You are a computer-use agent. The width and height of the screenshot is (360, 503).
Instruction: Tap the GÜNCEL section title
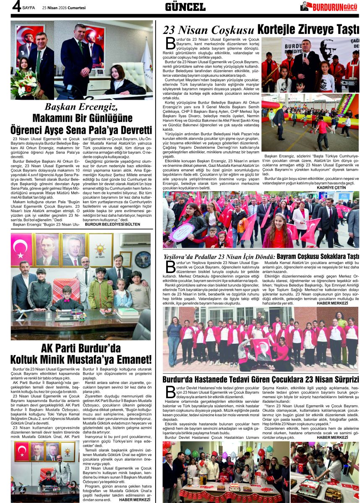point(185,7)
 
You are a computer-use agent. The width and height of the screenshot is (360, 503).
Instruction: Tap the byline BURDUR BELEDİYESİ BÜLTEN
point(112,224)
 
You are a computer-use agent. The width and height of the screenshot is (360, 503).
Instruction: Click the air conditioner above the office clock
point(135,240)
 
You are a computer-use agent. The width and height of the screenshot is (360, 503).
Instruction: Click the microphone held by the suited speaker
point(305,56)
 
